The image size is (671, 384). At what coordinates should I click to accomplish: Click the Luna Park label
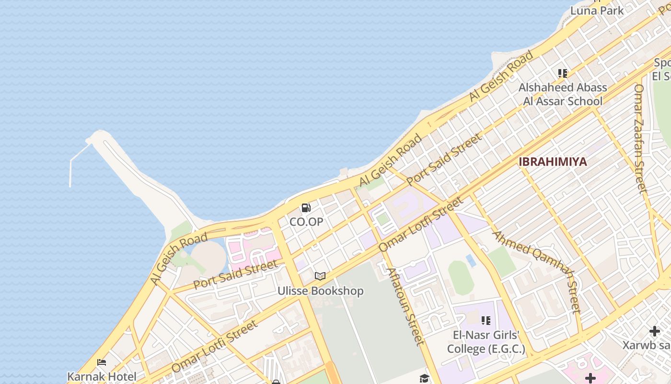point(597,11)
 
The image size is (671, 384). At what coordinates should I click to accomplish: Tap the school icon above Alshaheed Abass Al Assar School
point(563,73)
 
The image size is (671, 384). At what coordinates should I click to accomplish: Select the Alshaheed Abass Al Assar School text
point(563,94)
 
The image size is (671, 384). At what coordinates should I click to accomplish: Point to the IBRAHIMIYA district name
point(553,162)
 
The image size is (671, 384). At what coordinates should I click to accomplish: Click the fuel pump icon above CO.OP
point(306,208)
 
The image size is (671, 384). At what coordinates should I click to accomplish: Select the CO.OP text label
point(306,222)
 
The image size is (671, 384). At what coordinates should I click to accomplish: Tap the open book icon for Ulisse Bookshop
point(320,276)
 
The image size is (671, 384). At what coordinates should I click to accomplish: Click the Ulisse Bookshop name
point(320,291)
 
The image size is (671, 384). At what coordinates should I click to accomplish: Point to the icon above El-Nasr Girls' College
point(486,320)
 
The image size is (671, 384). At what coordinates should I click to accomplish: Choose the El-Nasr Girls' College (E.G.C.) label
point(486,342)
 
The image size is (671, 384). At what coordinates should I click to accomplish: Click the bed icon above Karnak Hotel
point(102,363)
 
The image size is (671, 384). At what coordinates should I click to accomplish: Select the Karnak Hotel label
point(102,377)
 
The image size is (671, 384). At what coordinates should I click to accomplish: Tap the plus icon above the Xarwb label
point(654,331)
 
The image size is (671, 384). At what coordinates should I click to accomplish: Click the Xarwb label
point(647,345)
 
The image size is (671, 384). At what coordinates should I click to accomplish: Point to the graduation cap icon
point(424,379)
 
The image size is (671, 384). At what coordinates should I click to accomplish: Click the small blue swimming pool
point(471,261)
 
